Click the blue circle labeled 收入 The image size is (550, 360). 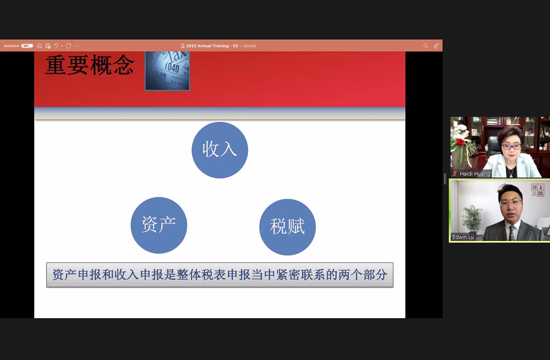click(x=220, y=150)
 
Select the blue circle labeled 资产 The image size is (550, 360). click(x=159, y=225)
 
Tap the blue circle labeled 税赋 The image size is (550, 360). click(x=287, y=227)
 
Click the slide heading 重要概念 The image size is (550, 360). click(x=90, y=65)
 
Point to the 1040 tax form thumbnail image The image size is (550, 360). click(x=167, y=71)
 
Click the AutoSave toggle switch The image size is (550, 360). click(x=27, y=45)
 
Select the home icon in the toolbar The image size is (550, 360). click(x=40, y=45)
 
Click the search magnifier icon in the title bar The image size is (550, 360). click(x=425, y=45)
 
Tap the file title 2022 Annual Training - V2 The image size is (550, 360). click(x=212, y=46)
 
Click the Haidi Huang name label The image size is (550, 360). click(x=474, y=173)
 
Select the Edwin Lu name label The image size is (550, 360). click(x=463, y=237)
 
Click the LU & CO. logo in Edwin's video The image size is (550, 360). click(x=537, y=190)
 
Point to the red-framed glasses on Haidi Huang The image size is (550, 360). click(x=511, y=146)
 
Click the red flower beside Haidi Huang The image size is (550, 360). click(x=460, y=142)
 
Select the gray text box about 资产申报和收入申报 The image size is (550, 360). click(x=220, y=275)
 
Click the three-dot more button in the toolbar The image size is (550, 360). click(x=77, y=45)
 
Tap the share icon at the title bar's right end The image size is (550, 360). click(x=436, y=45)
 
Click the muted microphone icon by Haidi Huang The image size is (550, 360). click(x=455, y=173)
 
